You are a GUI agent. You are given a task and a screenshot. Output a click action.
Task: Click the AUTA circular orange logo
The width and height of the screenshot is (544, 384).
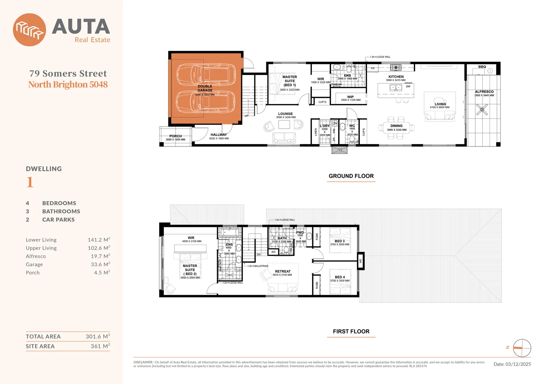[29, 30]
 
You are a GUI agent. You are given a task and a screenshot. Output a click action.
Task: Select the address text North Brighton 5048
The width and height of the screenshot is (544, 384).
[68, 85]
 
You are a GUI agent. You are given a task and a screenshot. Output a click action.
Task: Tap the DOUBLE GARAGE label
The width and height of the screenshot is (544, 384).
[205, 88]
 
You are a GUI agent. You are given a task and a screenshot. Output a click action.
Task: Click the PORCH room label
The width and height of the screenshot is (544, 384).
[176, 136]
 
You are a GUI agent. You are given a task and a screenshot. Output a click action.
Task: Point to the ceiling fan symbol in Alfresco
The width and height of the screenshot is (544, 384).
[482, 110]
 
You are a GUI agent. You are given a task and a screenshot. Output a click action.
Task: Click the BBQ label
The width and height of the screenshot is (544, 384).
[482, 67]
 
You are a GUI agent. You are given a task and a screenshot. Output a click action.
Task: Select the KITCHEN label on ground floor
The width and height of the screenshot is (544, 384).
[396, 77]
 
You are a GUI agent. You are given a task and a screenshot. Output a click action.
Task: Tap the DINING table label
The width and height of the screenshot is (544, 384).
[396, 126]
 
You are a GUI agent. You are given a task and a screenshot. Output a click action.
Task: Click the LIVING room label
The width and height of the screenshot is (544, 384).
[440, 104]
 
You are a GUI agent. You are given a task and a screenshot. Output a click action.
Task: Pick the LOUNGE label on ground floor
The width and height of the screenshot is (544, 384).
[286, 114]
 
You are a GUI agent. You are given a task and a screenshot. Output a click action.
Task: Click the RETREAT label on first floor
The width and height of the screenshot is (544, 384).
[283, 271]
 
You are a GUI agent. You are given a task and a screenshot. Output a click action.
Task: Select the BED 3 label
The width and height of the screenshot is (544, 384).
[340, 241]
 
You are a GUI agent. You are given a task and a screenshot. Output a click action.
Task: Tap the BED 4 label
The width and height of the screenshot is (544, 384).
[340, 277]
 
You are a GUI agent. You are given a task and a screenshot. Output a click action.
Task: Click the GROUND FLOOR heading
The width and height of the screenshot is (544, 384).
[351, 176]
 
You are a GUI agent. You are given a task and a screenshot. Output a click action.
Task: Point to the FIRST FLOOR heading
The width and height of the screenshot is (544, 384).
[351, 331]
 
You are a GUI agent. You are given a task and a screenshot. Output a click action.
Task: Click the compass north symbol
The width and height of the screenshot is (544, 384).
[522, 348]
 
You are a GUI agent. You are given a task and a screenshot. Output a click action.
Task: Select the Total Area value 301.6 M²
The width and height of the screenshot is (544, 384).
[98, 336]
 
